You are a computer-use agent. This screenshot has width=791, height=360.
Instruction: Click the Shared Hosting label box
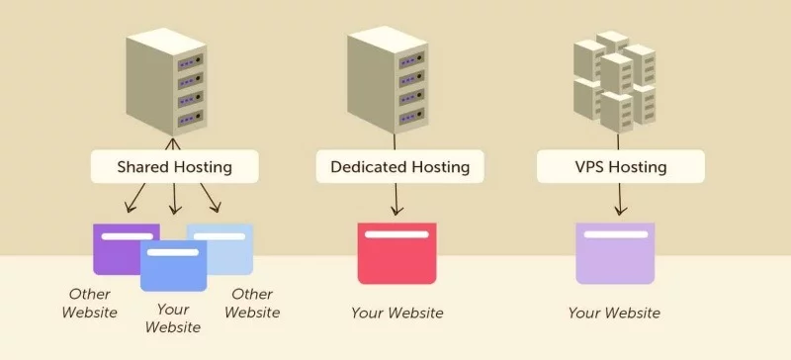pyautogui.click(x=174, y=166)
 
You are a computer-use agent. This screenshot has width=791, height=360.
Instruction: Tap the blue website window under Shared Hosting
pyautogui.click(x=173, y=265)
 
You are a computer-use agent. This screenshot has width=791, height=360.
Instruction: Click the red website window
pyautogui.click(x=395, y=253)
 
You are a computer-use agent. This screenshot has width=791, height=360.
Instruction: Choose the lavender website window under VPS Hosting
pyautogui.click(x=615, y=253)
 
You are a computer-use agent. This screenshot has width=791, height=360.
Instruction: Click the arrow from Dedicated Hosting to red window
pyautogui.click(x=395, y=200)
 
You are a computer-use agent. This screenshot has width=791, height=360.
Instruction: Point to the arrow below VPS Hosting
pyautogui.click(x=619, y=200)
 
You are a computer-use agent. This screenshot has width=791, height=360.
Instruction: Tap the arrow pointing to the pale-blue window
pyautogui.click(x=211, y=200)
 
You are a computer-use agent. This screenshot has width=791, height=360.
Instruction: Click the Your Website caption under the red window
pyautogui.click(x=396, y=314)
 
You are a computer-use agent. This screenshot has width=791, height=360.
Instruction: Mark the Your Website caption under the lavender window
pyautogui.click(x=614, y=314)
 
